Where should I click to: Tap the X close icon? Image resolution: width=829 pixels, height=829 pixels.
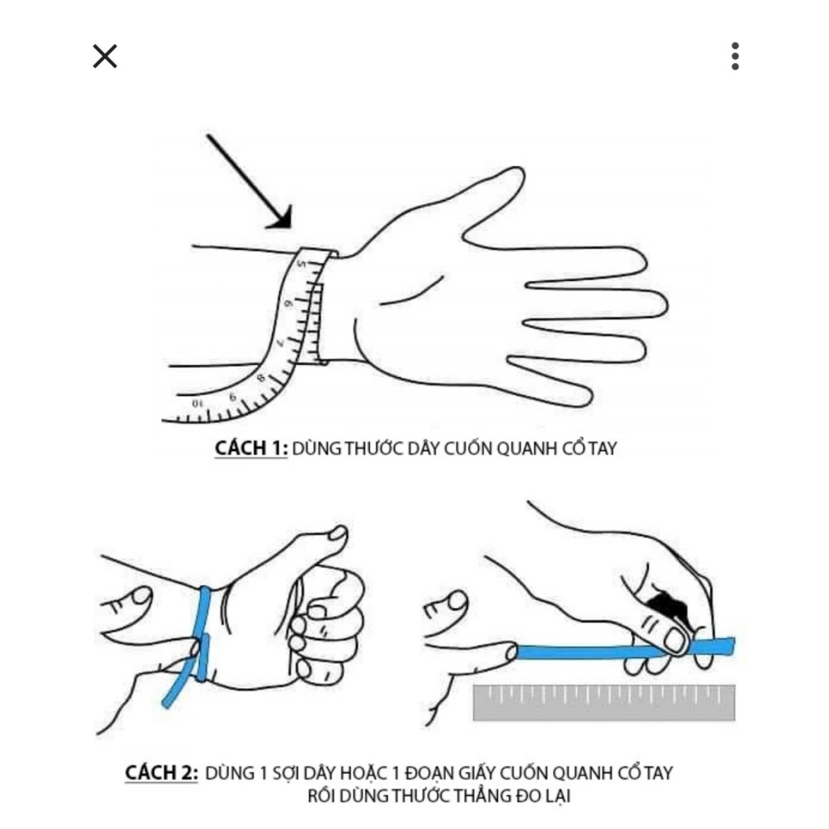104,56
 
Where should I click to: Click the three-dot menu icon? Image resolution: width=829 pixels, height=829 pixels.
735,56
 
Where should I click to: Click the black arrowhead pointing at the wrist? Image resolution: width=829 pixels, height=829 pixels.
281,219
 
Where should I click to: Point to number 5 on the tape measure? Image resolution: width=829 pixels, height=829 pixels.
302,263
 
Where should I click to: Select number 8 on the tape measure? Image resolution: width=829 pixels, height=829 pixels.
261,378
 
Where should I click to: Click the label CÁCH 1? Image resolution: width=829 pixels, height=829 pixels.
251,449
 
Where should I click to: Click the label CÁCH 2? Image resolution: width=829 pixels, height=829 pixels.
162,772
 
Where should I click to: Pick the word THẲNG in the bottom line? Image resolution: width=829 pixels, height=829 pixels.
480,795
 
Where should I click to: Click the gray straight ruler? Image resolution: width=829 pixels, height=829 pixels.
604,703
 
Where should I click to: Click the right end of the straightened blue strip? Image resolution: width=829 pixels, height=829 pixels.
731,646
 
